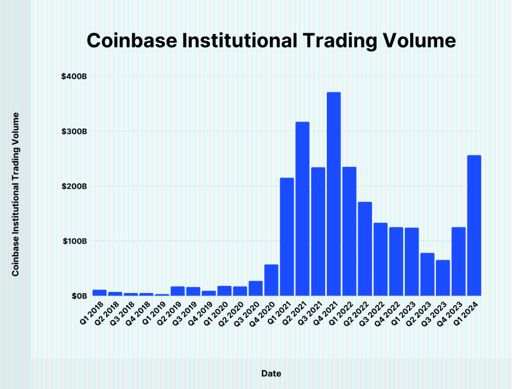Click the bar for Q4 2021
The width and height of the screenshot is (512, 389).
(333, 194)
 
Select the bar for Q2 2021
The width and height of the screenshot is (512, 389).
(302, 209)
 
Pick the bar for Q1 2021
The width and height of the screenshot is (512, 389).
(287, 236)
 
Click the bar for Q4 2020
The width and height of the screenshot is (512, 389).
(271, 280)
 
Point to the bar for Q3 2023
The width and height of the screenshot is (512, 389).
(443, 278)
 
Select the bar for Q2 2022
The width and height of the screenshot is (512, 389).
(365, 249)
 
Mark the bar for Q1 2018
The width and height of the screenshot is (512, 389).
(99, 292)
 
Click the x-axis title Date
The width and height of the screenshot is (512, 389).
(271, 374)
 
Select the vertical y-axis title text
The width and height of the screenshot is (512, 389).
(16, 194)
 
